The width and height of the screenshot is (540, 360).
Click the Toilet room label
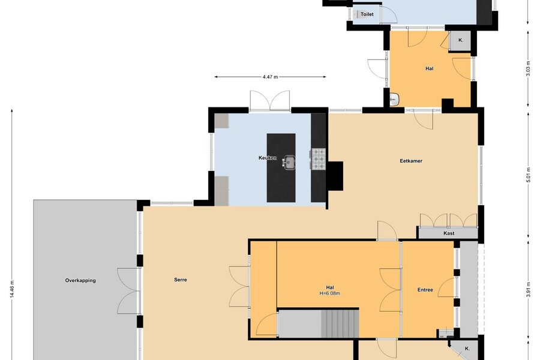click(x=367, y=14)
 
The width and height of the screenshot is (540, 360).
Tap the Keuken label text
click(x=267, y=158)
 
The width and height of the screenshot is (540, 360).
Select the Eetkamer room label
click(x=411, y=161)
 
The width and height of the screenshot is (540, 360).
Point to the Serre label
click(x=181, y=280)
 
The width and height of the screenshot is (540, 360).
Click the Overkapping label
click(x=80, y=280)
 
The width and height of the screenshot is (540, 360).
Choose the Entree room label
click(x=425, y=290)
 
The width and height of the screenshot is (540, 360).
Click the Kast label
click(x=449, y=233)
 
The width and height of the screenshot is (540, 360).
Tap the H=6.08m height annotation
click(x=329, y=293)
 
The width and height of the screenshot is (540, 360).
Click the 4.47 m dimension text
click(x=270, y=77)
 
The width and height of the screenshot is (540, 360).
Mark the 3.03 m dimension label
click(x=528, y=68)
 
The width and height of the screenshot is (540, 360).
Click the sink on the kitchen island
click(x=289, y=162)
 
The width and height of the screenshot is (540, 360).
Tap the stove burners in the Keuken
click(x=319, y=159)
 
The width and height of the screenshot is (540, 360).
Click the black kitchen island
click(x=281, y=168)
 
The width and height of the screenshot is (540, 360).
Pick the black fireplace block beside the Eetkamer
click(x=335, y=176)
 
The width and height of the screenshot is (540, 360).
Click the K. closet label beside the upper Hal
click(x=461, y=40)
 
